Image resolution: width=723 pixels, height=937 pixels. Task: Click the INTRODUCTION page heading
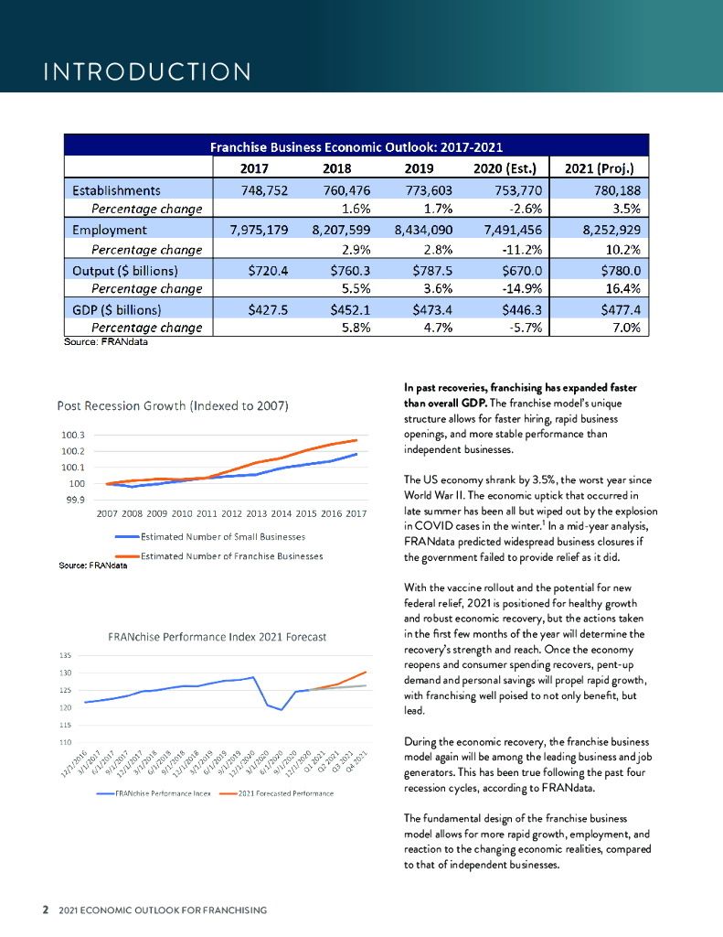coord(147,71)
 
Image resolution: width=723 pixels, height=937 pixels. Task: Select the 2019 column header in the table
coord(423,168)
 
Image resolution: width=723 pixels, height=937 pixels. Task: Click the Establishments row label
coord(116,190)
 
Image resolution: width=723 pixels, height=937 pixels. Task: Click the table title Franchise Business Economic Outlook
coord(356,146)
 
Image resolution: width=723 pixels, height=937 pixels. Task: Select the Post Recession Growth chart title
coord(174,405)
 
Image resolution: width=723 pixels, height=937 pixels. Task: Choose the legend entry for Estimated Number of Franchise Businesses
coord(231,555)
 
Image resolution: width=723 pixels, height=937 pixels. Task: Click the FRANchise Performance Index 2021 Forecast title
coord(217,636)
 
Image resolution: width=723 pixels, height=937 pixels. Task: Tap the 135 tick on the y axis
coord(65,656)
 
